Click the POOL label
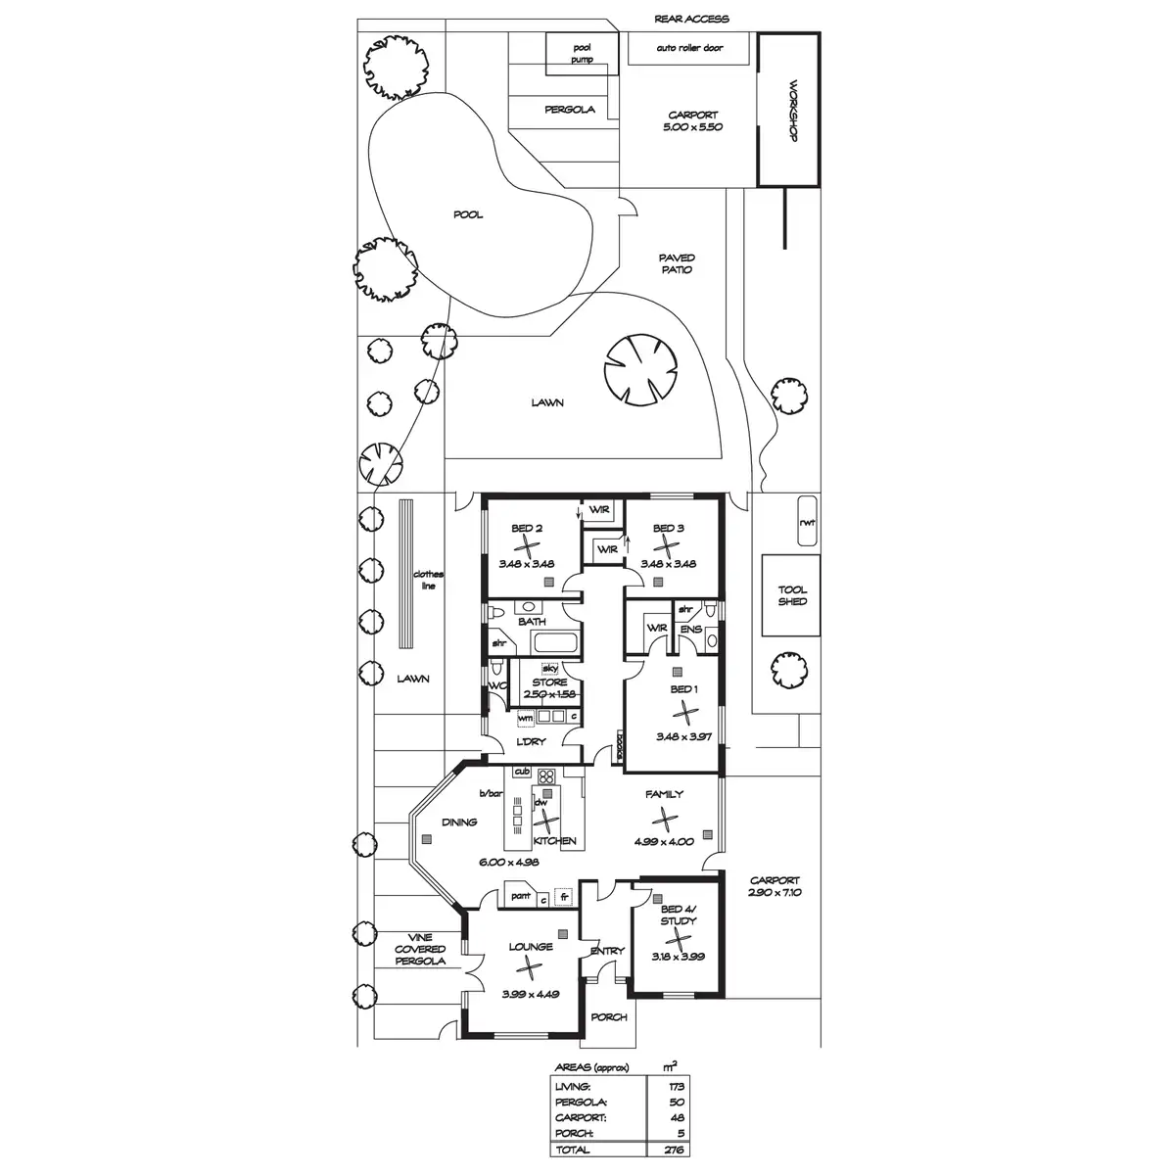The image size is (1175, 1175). (x=468, y=214)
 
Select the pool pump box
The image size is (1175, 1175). (x=582, y=53)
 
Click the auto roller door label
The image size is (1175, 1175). (x=690, y=46)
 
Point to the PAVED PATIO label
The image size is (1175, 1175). (x=677, y=263)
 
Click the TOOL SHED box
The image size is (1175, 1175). (x=792, y=595)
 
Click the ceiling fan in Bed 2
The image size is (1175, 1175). (x=528, y=545)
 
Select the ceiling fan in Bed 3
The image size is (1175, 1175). (x=668, y=545)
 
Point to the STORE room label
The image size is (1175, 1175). (x=549, y=682)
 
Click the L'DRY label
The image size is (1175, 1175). (x=530, y=741)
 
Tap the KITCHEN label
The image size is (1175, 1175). (x=554, y=841)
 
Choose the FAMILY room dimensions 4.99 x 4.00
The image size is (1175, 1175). (x=664, y=841)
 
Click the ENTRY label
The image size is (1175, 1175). (x=607, y=951)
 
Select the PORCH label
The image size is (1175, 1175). (x=609, y=1017)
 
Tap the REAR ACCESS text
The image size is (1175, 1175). (x=691, y=19)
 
